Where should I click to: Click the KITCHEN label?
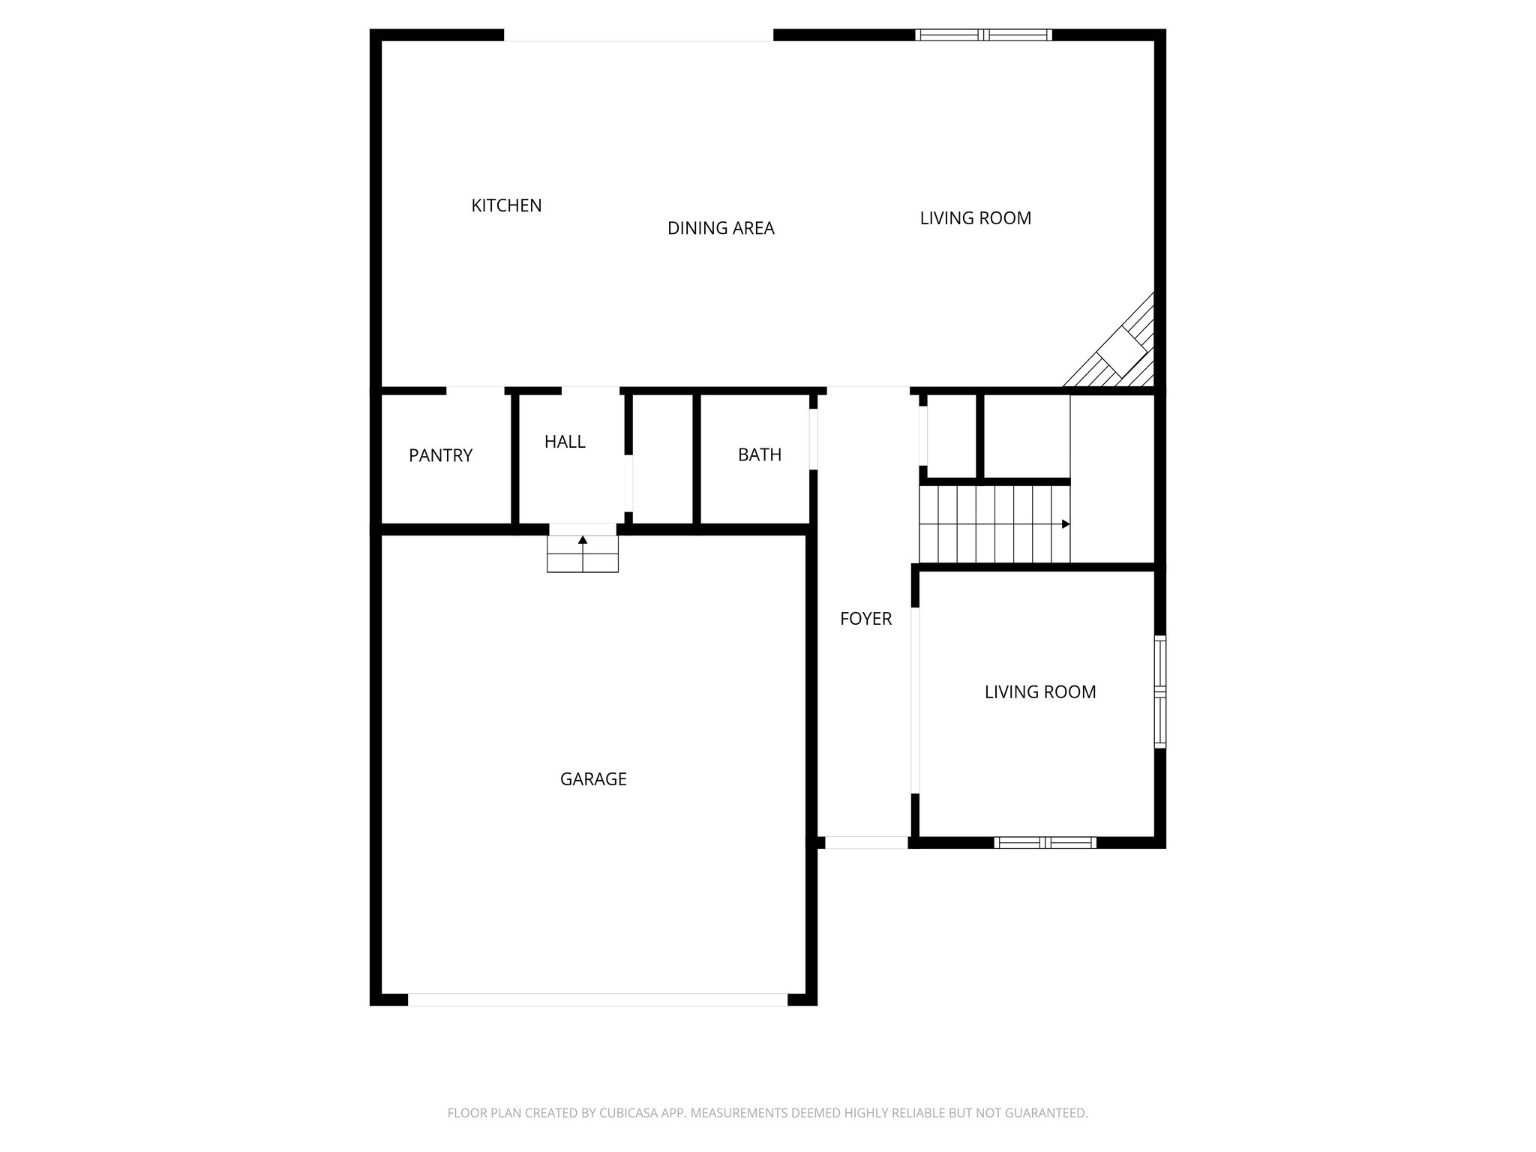click(506, 205)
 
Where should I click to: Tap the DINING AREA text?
click(721, 228)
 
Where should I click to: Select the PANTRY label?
click(440, 455)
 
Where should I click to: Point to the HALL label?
click(565, 442)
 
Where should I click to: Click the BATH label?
click(760, 454)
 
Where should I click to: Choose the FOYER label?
click(865, 619)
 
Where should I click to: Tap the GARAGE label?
click(593, 779)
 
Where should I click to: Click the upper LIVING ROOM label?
click(975, 218)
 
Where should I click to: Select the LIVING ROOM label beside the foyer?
click(1040, 692)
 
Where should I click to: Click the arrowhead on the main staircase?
click(1066, 524)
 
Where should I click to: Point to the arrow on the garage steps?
click(583, 539)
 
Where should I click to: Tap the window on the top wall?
click(983, 34)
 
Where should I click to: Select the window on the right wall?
click(1159, 691)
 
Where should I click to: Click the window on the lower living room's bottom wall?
click(1045, 842)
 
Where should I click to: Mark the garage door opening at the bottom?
click(598, 1000)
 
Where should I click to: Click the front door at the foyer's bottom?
click(866, 842)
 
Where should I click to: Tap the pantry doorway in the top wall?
click(475, 391)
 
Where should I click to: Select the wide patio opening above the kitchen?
click(638, 35)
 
